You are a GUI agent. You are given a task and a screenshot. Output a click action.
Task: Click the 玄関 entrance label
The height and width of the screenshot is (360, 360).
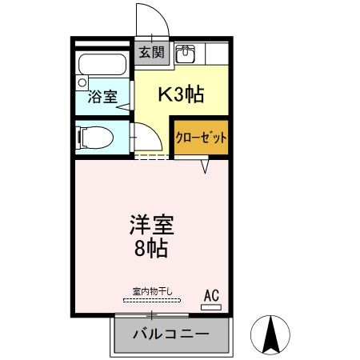pos(150,54)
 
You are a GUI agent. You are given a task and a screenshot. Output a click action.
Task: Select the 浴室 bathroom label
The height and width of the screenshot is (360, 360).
pos(102,97)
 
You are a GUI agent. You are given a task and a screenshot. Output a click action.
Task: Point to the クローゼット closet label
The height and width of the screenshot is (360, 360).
pos(202,138)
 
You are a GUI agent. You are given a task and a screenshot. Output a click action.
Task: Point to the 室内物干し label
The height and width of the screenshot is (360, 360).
pos(152,291)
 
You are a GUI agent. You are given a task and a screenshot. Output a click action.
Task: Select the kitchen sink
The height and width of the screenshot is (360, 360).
pos(186,54)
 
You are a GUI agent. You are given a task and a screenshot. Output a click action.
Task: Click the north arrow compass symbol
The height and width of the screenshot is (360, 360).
pos(270,334)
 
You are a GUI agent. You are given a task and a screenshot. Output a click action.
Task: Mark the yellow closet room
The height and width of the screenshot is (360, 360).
pos(202,138)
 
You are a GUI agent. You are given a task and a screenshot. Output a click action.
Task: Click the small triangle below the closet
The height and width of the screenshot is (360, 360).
pos(205,166)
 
